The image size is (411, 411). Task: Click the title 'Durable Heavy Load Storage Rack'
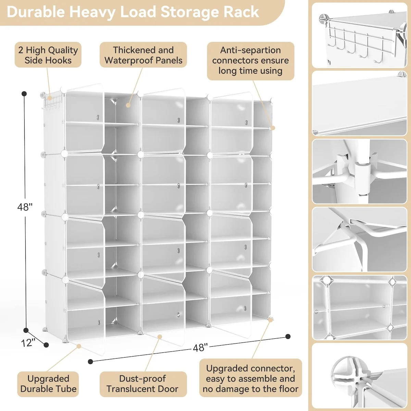click(133, 12)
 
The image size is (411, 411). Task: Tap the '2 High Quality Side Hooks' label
click(48, 55)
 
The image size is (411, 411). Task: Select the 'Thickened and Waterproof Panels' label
click(143, 55)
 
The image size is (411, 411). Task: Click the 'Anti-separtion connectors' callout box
click(250, 61)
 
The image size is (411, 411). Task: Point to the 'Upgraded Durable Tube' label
click(48, 384)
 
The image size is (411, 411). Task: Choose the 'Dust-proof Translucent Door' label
click(142, 384)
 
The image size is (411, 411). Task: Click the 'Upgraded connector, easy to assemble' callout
click(250, 378)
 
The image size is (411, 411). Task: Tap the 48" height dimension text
click(25, 207)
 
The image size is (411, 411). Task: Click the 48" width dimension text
click(200, 348)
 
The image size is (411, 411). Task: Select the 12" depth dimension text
click(28, 342)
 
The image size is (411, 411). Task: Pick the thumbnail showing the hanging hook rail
click(359, 35)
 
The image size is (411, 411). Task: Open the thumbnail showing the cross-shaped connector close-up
click(359, 376)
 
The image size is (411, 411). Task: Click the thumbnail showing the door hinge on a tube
click(359, 171)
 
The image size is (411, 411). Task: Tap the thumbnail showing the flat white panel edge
click(359, 103)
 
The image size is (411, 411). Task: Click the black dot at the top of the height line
click(24, 94)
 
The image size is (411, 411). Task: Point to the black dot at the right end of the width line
click(288, 336)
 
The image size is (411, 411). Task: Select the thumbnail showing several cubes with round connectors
click(359, 307)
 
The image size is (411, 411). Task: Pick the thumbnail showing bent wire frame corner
click(359, 239)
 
